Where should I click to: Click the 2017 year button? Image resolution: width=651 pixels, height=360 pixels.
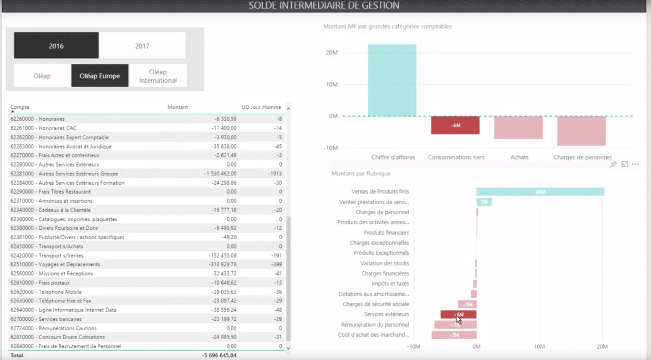click(142, 46)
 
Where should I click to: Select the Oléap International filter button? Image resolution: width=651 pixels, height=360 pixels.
click(158, 76)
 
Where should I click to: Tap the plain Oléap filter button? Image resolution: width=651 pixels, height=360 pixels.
click(42, 76)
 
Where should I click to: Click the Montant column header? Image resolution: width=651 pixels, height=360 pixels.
click(177, 107)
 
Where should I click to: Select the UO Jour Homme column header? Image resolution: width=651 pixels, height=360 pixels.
click(261, 107)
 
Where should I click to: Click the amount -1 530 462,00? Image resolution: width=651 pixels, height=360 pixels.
click(220, 174)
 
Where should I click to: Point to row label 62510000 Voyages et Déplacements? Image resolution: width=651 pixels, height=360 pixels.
click(55, 264)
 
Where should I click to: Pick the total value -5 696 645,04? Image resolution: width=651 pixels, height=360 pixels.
click(219, 355)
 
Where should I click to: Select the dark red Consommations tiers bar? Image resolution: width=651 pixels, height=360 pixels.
click(455, 125)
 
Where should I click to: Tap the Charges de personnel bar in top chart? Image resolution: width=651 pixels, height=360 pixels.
click(581, 131)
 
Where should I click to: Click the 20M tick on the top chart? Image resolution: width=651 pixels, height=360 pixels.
click(332, 53)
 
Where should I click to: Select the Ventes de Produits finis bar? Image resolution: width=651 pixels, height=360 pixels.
click(540, 191)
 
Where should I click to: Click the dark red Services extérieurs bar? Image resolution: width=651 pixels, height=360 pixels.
click(458, 314)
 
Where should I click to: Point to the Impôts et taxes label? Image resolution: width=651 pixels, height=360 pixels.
click(390, 284)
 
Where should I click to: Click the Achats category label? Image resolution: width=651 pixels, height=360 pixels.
click(519, 157)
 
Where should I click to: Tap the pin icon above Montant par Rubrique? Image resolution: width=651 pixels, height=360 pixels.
click(613, 164)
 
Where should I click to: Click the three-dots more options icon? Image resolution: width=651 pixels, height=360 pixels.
click(635, 164)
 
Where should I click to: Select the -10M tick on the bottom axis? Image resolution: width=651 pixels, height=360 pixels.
click(413, 347)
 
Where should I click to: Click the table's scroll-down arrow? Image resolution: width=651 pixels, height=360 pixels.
click(288, 348)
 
